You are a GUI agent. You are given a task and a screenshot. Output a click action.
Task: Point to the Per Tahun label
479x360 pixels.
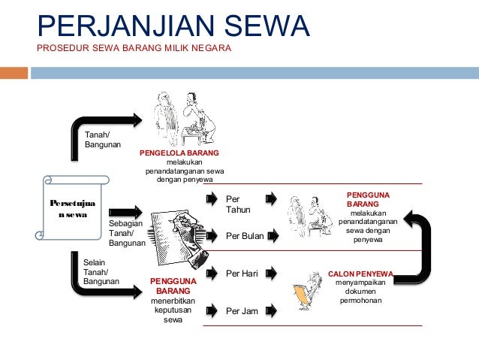pos(238,204)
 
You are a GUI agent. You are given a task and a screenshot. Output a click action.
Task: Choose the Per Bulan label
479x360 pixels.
pos(245,236)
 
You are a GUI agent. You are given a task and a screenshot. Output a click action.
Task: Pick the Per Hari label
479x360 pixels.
pos(242,273)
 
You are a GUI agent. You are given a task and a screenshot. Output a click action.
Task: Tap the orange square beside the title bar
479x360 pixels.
pos(14,73)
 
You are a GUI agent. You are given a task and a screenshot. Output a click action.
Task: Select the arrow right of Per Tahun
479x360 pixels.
pos(271,198)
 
